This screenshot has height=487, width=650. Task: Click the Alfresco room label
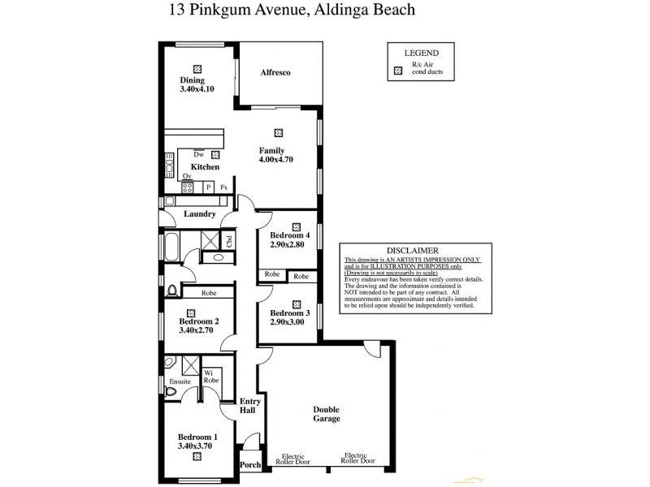(275, 73)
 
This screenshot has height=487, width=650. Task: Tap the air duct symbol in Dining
(197, 68)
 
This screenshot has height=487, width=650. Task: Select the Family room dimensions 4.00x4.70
(275, 160)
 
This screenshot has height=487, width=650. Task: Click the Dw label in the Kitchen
(198, 154)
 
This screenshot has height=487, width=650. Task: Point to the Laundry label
(199, 214)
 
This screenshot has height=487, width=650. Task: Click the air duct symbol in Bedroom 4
(296, 227)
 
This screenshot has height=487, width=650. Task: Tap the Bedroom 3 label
(290, 313)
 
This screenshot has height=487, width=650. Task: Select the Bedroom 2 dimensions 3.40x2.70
(195, 331)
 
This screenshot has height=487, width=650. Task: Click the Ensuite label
(180, 381)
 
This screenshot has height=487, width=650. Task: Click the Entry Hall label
(249, 406)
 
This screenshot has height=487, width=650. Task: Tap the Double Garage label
(326, 414)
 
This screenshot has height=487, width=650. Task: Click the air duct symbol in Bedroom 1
(197, 456)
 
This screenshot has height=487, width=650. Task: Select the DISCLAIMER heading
(412, 251)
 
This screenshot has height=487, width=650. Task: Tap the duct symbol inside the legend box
(398, 71)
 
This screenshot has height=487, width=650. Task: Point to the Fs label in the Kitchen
(223, 187)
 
